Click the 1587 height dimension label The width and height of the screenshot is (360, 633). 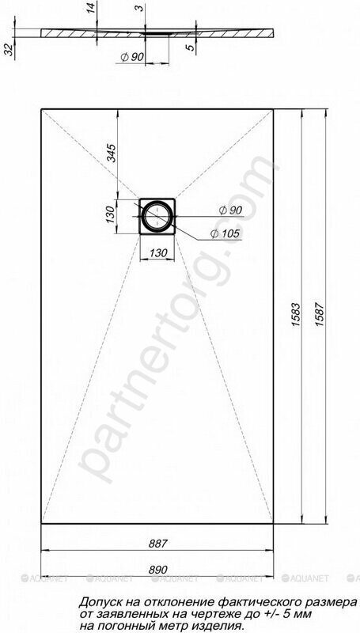pos(320,314)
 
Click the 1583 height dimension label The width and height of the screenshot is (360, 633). pos(297,314)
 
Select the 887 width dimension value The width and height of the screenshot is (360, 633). pos(157,544)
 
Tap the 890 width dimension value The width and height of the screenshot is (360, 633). pos(157,570)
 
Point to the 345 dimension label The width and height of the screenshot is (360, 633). pos(112,153)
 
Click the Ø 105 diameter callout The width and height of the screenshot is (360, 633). pos(225,233)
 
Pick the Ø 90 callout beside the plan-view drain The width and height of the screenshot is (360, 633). pos(230,210)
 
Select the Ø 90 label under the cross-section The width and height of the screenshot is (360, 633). pos(132,57)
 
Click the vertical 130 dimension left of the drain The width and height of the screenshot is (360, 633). pos(110,216)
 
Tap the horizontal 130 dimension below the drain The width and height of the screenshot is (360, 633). pos(158,253)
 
